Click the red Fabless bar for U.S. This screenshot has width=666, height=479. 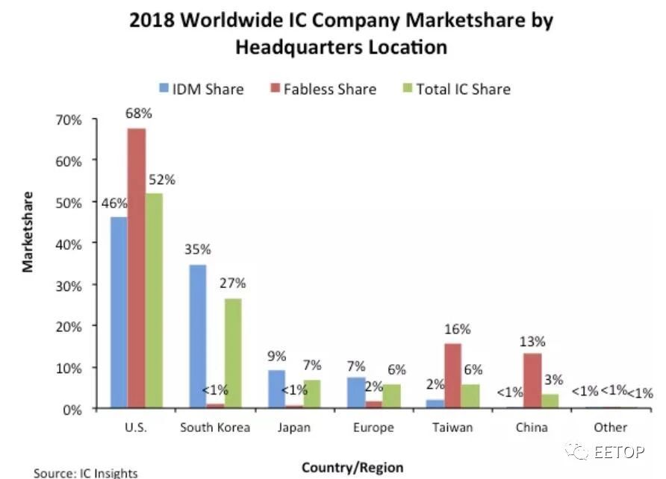click(136, 269)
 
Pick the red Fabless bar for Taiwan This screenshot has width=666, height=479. click(452, 376)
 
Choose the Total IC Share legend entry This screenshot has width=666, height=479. click(455, 90)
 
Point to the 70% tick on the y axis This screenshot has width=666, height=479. click(93, 119)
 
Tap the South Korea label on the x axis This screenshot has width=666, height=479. click(215, 428)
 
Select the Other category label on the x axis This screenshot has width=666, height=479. click(611, 428)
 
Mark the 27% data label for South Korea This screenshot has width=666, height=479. click(232, 284)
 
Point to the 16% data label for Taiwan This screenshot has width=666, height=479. click(452, 329)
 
